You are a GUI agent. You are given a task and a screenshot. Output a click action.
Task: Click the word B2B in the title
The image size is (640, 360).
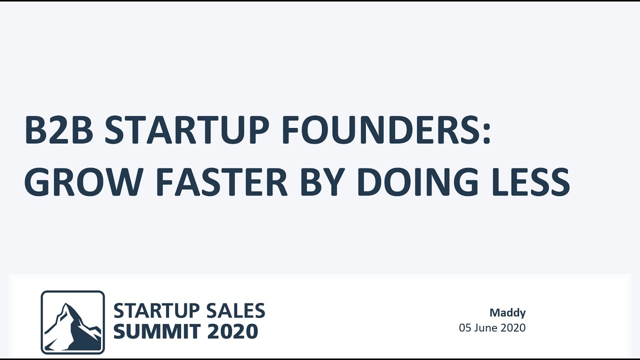pyautogui.click(x=59, y=129)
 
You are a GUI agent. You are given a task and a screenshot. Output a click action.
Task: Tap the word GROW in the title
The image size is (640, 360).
pyautogui.click(x=83, y=182)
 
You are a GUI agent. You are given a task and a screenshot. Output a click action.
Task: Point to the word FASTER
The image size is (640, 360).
pyautogui.click(x=221, y=182)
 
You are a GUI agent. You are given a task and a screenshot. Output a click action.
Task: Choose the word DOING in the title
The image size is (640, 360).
pyautogui.click(x=417, y=182)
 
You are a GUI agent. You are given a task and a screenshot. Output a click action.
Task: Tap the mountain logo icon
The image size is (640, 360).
pyautogui.click(x=72, y=322)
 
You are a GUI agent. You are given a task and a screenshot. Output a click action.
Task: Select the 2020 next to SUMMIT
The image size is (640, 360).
pyautogui.click(x=232, y=331)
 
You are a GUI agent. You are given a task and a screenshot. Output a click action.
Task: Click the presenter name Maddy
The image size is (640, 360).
pyautogui.click(x=507, y=313)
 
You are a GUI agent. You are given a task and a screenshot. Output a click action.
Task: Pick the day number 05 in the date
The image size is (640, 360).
pyautogui.click(x=465, y=327)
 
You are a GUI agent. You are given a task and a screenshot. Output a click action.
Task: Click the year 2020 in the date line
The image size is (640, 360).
pyautogui.click(x=513, y=327)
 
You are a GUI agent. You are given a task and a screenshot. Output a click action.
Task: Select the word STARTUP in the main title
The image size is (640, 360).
pyautogui.click(x=187, y=129)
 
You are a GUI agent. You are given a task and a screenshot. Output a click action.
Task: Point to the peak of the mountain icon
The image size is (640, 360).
pyautogui.click(x=66, y=303)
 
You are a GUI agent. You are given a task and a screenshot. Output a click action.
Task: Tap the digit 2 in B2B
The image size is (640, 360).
pyautogui.click(x=59, y=129)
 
